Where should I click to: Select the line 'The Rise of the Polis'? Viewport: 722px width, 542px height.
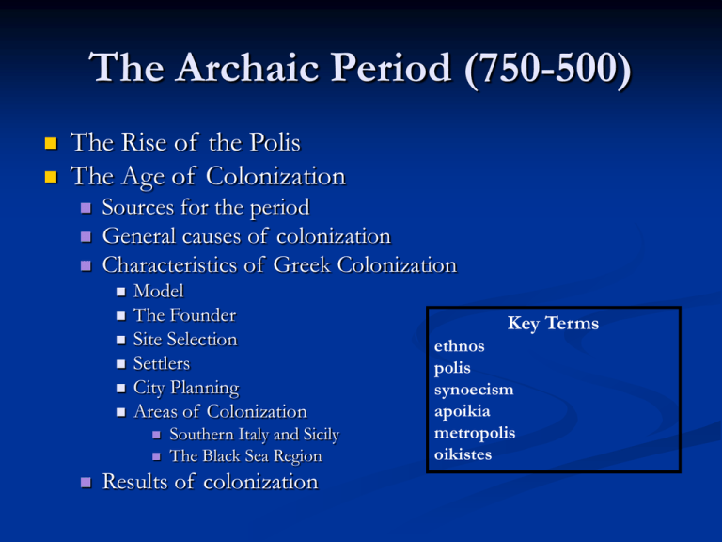186,143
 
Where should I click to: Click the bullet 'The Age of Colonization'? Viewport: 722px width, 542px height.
208,175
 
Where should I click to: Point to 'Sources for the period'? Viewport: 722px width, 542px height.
206,206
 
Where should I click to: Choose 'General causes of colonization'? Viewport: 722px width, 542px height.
246,235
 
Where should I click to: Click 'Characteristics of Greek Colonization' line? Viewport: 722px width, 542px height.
278,265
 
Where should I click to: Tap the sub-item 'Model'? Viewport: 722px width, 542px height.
159,292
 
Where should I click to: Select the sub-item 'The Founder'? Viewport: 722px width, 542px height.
184,315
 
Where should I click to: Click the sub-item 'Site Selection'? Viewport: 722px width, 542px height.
185,339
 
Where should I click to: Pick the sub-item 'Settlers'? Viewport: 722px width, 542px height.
162,363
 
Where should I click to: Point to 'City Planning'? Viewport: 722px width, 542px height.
186,387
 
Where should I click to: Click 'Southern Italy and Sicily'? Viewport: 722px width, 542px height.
254,435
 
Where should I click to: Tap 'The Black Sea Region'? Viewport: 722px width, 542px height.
244,456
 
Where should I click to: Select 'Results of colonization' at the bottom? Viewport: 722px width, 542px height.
209,482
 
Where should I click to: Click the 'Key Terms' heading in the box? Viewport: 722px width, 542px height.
553,324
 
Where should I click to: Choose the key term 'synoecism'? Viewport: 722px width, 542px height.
473,390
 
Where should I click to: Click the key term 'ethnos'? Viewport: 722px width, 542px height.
460,346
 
